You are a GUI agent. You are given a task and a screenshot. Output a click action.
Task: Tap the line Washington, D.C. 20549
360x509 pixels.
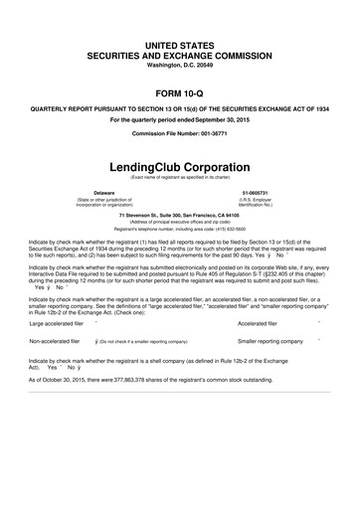180,39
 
